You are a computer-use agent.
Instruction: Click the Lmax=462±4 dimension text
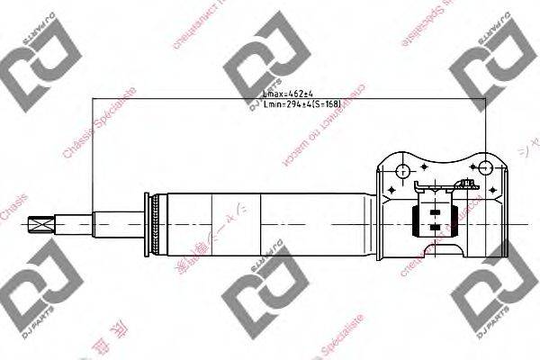tap(285, 93)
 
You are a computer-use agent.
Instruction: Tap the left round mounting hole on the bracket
tap(400, 167)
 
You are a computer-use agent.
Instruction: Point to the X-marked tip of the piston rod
tap(40, 224)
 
